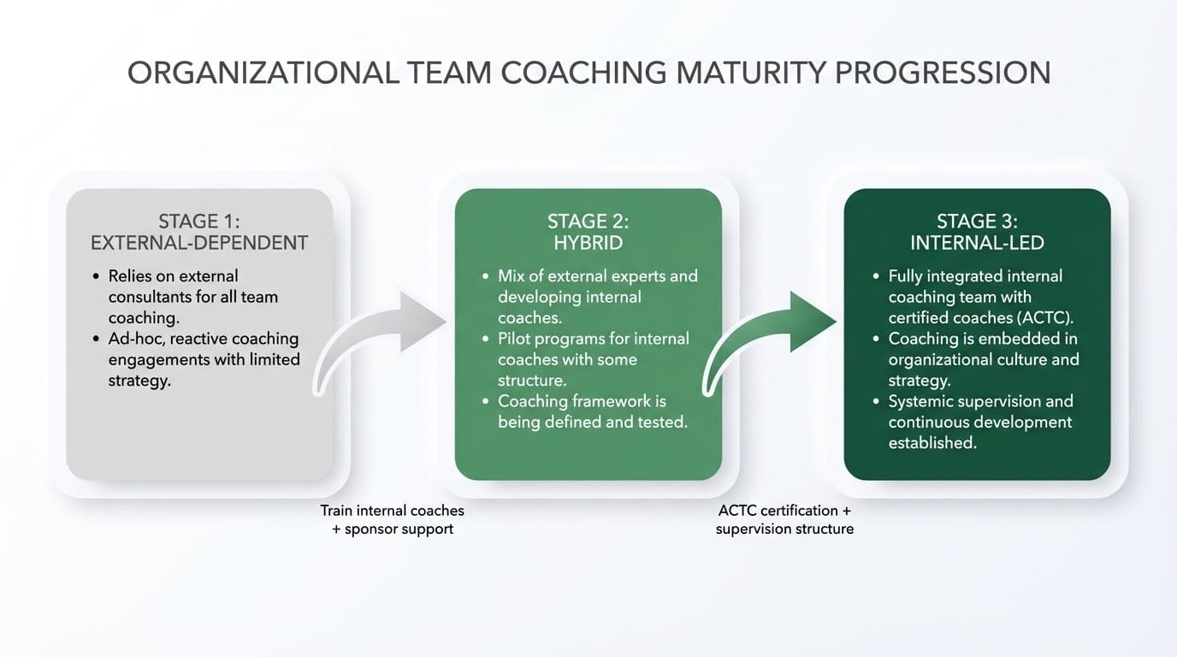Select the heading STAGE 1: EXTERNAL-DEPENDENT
[x=199, y=232]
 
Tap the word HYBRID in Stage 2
[x=588, y=242]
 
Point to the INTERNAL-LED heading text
[x=977, y=242]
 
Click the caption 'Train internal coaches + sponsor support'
[x=393, y=519]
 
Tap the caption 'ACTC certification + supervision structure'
[x=784, y=519]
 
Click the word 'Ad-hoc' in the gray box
[x=133, y=339]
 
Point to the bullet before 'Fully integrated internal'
[x=875, y=276]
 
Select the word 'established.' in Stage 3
[x=932, y=442]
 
